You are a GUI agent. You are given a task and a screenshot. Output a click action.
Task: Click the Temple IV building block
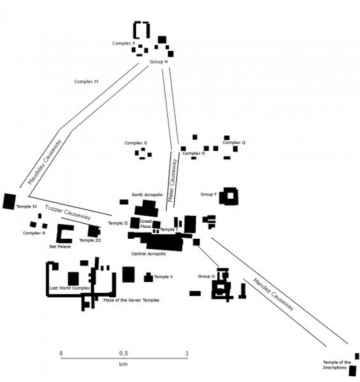coord(9,201)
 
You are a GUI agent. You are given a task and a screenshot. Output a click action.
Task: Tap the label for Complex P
coord(123,44)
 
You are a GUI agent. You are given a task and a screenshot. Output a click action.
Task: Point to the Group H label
coord(158,62)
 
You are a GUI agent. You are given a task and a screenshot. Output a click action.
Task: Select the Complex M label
coord(86,82)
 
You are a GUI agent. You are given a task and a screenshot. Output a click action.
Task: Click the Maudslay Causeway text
coord(45,162)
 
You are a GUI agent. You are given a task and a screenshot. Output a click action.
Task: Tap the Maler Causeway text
coord(172,180)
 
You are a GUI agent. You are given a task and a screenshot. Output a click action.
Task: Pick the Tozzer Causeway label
coord(68,212)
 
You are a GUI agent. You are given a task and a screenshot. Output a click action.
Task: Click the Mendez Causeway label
coord(274,294)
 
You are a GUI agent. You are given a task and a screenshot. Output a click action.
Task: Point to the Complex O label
coord(136,143)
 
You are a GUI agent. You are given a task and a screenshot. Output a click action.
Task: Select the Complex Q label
coord(234,142)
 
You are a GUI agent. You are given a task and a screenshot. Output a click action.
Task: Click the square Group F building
coord(229,196)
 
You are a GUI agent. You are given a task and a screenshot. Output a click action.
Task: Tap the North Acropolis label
coord(147,195)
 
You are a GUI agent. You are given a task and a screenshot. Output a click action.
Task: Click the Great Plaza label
coord(146,224)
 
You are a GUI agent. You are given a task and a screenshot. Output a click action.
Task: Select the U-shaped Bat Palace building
coord(64,233)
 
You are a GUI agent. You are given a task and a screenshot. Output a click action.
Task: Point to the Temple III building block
coord(94,231)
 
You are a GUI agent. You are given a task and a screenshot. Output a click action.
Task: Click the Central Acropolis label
coord(148,254)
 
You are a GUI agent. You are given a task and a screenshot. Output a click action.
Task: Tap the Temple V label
coord(163,277)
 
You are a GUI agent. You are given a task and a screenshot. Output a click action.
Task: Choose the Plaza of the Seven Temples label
coord(131,300)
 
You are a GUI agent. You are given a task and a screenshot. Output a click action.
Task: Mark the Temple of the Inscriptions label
coord(337,365)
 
